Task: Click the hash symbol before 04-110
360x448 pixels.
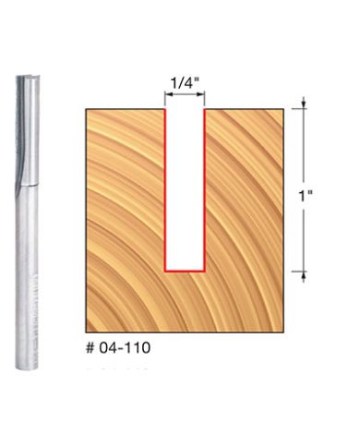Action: click(90, 349)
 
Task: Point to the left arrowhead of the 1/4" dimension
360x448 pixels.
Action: click(167, 94)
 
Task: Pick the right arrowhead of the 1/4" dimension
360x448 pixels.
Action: click(202, 94)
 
